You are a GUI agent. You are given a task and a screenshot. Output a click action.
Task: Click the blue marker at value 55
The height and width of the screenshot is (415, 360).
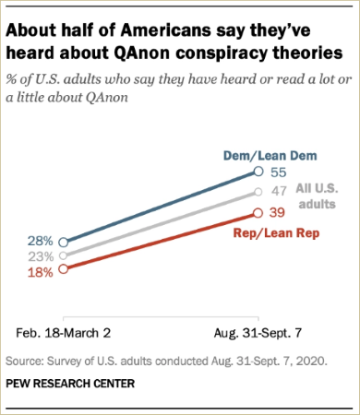tap(257, 172)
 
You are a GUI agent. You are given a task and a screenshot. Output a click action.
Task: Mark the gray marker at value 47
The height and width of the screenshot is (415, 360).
tap(257, 193)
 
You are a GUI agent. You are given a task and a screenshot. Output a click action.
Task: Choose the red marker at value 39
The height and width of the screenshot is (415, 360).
tap(257, 212)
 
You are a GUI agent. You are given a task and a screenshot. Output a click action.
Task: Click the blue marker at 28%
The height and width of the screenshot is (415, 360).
tap(62, 242)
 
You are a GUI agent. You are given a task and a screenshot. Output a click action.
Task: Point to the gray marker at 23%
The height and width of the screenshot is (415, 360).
tap(62, 255)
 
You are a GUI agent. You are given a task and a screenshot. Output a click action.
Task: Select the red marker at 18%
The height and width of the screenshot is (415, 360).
tap(62, 269)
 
